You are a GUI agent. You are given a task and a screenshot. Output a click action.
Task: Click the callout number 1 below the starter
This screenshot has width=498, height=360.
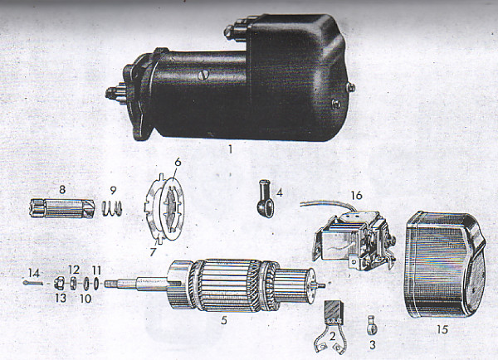pos(231,149)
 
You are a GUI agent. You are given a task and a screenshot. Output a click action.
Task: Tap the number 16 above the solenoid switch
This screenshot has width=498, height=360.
pos(357,195)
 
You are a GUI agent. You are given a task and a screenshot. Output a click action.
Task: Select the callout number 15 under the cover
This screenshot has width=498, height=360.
pos(442,329)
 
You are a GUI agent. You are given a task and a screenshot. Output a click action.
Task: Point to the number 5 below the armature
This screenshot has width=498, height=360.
pos(224,320)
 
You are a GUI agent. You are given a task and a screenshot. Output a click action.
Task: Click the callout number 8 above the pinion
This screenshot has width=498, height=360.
pos(62,189)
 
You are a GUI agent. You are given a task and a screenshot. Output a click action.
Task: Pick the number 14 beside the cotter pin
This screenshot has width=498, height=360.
pos(34,273)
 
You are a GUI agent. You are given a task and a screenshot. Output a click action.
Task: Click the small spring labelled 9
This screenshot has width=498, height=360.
pos(112,208)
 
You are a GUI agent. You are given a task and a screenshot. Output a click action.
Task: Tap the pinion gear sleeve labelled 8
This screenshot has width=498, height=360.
pos(62,208)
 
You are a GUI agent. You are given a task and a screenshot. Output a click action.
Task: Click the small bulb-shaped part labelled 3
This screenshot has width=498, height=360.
pos(372,325)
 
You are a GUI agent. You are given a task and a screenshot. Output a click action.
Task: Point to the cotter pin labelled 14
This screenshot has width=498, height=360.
pos(33,283)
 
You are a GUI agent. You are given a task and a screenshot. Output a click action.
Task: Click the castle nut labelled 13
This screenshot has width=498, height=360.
pos(60,283)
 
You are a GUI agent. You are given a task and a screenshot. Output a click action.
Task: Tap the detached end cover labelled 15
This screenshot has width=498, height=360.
pos(445,265)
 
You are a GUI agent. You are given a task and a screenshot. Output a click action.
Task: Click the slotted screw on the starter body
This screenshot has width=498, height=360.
pos(202,75)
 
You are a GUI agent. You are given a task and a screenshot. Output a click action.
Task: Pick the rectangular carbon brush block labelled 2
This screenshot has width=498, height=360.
pos(332,313)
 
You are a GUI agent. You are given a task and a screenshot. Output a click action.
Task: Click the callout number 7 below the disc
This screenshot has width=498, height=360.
pos(153,251)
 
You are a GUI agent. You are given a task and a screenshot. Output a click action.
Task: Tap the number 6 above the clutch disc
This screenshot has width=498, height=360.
pos(178,162)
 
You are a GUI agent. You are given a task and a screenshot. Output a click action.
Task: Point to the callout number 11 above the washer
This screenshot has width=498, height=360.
pos(96,270)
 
